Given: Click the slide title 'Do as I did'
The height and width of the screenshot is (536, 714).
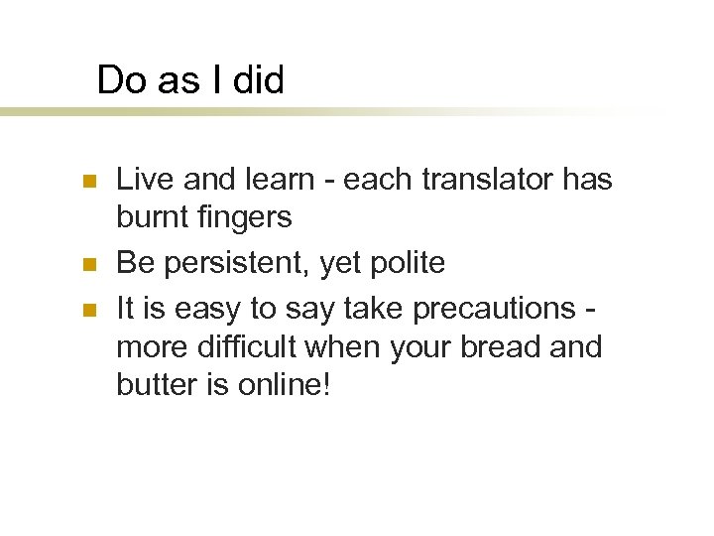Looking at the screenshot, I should pos(190,79).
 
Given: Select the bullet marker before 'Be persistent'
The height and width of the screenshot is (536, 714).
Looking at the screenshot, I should pos(88,265).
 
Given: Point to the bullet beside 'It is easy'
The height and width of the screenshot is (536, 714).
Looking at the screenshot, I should pos(88,311).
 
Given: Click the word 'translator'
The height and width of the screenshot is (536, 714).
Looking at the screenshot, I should pos(479,180).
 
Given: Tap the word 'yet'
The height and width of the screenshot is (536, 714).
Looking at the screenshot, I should pos(327,263).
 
